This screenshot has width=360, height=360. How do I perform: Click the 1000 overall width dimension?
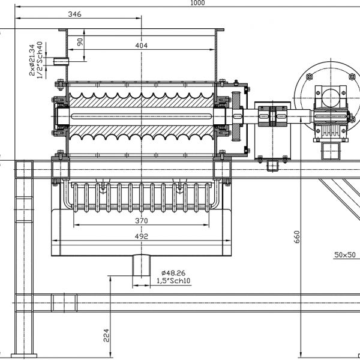[x=197, y=3]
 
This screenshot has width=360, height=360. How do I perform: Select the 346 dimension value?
[x=74, y=14]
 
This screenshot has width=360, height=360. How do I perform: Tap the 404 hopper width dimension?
[x=141, y=46]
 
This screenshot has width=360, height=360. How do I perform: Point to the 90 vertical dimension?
[x=80, y=42]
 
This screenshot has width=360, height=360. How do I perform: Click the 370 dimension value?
[x=141, y=221]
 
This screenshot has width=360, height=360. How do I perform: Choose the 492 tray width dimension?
[x=141, y=236]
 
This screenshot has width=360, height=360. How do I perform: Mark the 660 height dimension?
[x=296, y=237]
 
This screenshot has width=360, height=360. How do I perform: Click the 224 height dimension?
[x=106, y=335]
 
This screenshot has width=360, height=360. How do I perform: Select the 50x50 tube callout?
[x=345, y=255]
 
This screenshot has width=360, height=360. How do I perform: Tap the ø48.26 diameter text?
[x=173, y=273]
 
